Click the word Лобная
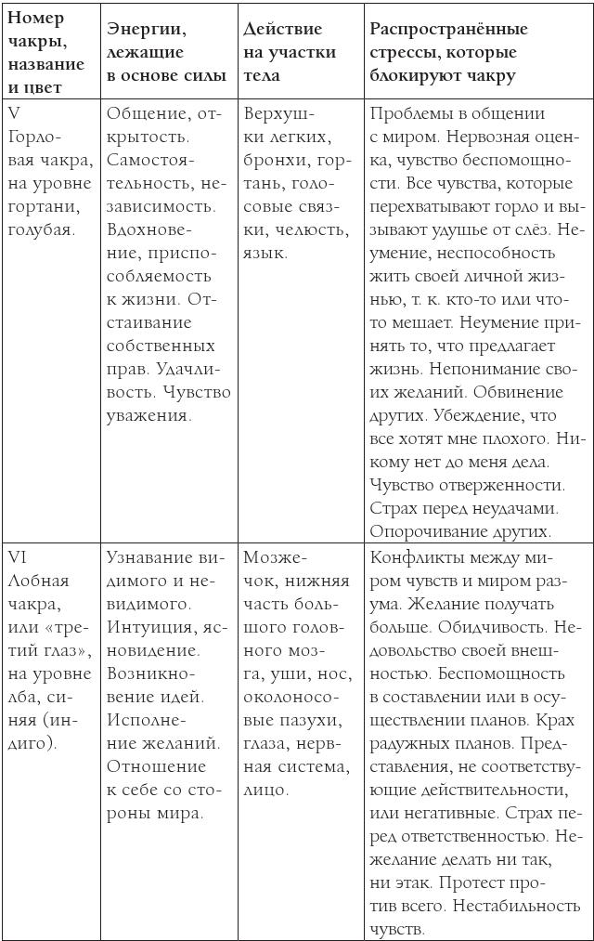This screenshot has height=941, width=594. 39,581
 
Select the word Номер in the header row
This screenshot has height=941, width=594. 35,20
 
